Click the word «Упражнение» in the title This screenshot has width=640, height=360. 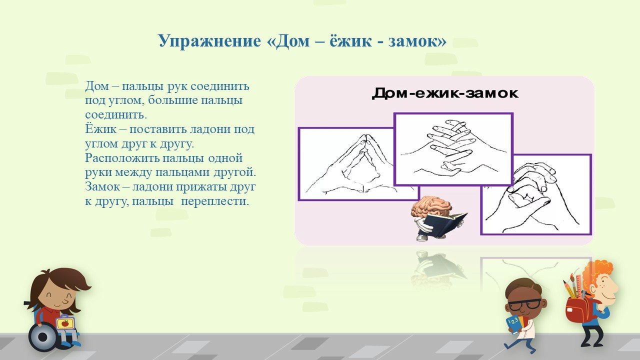tap(209, 41)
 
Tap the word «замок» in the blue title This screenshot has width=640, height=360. tap(417, 41)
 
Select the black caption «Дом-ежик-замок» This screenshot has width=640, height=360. tap(445, 93)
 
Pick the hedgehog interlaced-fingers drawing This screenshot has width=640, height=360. tap(453, 149)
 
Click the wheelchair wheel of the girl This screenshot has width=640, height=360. tap(43, 337)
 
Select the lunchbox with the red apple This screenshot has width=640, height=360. tap(65, 323)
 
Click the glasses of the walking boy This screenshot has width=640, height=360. tap(524, 305)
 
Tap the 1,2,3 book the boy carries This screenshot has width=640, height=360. tap(514, 324)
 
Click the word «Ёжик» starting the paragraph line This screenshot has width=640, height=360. tap(100, 129)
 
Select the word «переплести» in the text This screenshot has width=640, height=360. tap(215, 201)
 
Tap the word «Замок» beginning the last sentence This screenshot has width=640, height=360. tap(102, 187)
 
